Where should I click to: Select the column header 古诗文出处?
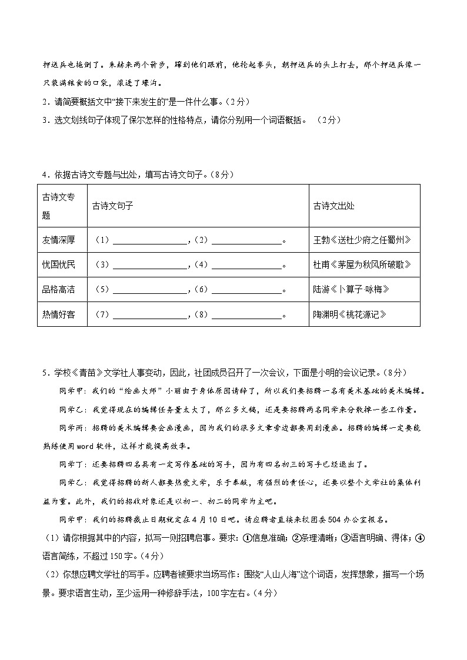point(334,206)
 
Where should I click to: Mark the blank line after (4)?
point(246,266)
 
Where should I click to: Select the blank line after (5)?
point(149,290)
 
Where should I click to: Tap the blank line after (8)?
point(246,316)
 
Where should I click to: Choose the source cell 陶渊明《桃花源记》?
point(351,314)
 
